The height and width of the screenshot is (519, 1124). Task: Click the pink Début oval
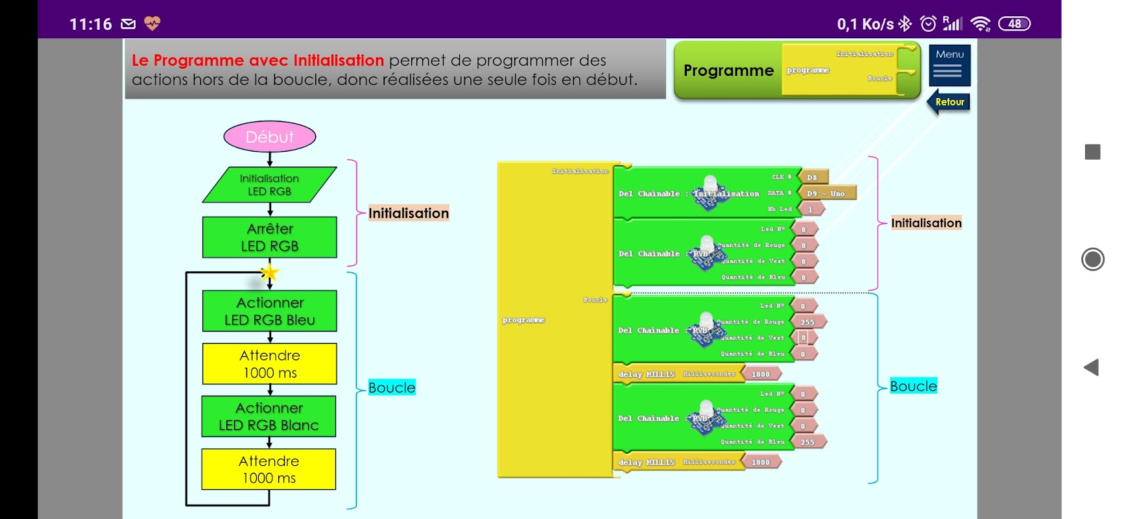270,137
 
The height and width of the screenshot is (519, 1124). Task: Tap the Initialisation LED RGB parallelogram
269,185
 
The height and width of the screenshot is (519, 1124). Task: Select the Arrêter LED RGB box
270,237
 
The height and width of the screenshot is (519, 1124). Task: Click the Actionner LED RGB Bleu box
270,311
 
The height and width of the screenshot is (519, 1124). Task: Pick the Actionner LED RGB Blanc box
269,416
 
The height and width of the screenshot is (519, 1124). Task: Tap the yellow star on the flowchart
270,272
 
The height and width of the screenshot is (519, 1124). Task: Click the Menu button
950,65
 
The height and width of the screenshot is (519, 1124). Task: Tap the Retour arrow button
949,102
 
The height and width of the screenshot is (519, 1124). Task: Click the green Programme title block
728,71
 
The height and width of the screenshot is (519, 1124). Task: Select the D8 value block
813,177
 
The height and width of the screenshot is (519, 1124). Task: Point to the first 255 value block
808,322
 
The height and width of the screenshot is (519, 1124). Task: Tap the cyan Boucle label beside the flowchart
392,387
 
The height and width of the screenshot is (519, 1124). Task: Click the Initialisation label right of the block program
926,223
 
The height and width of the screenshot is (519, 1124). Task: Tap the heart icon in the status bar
152,24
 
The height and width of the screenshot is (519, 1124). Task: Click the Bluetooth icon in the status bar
905,24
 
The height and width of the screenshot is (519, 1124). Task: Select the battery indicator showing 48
1014,24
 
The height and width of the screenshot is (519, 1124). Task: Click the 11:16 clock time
91,24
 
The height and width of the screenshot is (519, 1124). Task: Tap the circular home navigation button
1093,259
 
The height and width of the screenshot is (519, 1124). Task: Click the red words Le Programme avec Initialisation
257,60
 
